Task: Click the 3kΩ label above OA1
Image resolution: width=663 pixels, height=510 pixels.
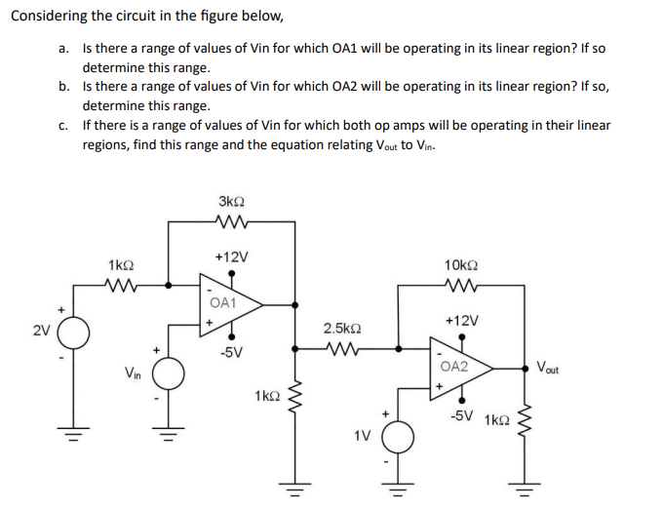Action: tap(233, 201)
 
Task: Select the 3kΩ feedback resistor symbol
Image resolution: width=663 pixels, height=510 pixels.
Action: tap(233, 222)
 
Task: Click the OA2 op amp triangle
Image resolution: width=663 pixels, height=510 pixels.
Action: tap(459, 369)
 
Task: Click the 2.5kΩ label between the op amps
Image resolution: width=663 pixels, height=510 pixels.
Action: tap(341, 329)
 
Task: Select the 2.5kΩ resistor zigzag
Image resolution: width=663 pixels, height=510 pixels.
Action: tap(341, 346)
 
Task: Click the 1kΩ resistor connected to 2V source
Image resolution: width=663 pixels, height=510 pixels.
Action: tap(122, 286)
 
